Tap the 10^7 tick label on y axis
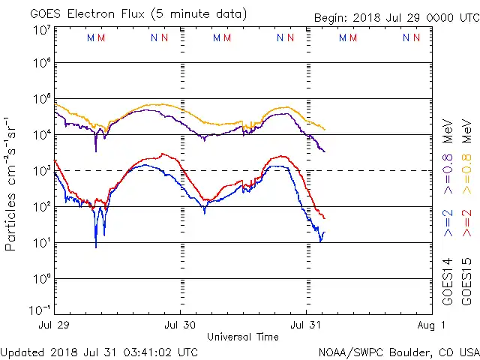42,29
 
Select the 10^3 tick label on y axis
42,170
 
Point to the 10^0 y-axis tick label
42,278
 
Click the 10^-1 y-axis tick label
40,308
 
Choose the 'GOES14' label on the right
448,281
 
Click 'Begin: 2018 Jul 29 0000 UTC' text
395,16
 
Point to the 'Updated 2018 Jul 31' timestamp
100,352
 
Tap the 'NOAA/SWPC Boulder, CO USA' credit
398,352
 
